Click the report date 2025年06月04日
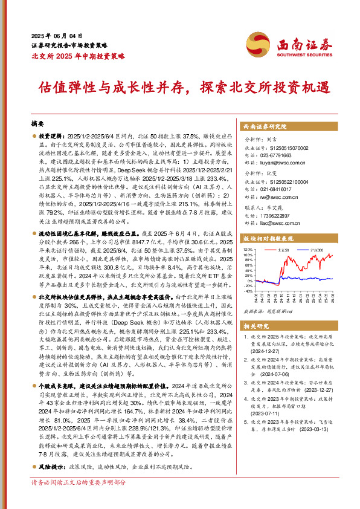(x=56, y=36)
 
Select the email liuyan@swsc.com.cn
(x=283, y=162)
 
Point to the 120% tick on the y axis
(x=248, y=248)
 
